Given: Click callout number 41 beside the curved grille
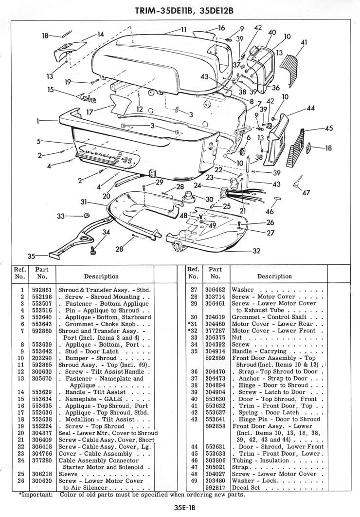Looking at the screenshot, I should (304, 42).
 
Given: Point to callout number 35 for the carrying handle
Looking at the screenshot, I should (32, 256).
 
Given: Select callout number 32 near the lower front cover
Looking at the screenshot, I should (256, 251).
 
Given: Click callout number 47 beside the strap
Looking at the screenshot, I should (306, 193).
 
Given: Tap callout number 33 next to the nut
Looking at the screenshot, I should (61, 216).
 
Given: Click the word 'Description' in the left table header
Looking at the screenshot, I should (101, 276).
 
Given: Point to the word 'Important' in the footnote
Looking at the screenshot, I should (37, 495).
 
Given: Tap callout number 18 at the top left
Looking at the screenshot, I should (45, 35).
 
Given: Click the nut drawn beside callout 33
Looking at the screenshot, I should (86, 215).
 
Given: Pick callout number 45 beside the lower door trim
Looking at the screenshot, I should (329, 129).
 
